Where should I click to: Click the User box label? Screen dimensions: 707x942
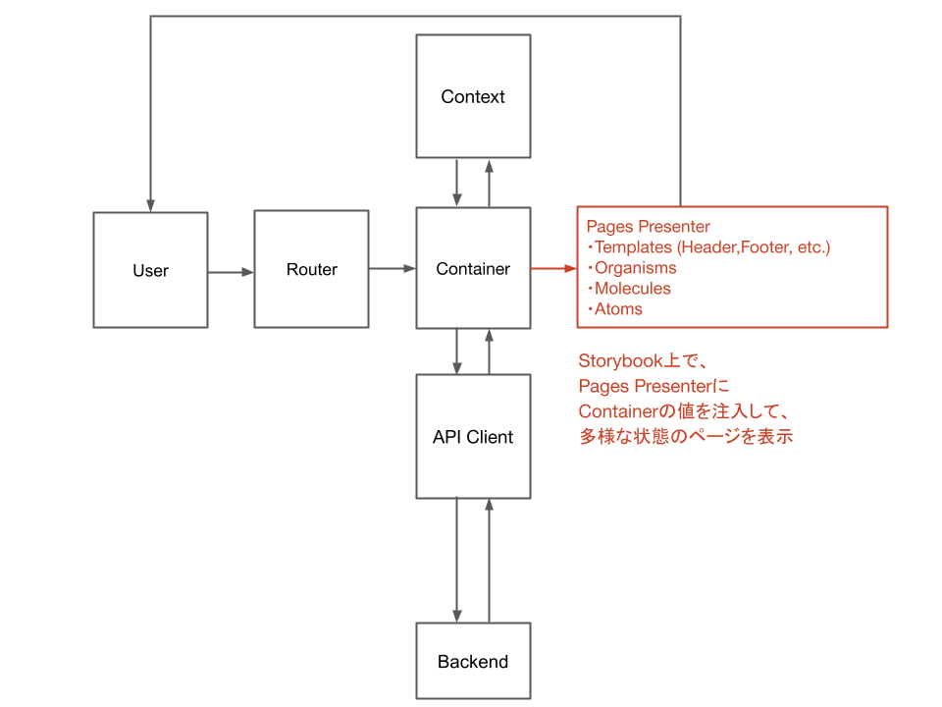pyautogui.click(x=150, y=271)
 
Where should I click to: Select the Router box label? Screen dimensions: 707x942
pyautogui.click(x=312, y=270)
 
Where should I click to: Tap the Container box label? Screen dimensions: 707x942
pyautogui.click(x=473, y=269)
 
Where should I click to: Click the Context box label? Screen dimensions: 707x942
pyautogui.click(x=473, y=97)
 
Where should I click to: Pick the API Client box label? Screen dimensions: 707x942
pyautogui.click(x=473, y=438)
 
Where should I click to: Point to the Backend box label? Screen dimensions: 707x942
pyautogui.click(x=473, y=662)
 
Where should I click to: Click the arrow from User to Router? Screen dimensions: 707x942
pyautogui.click(x=231, y=272)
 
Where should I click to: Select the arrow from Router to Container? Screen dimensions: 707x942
pyautogui.click(x=392, y=268)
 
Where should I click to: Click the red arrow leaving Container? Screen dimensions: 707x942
pyautogui.click(x=553, y=267)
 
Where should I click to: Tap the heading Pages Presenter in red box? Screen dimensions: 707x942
pyautogui.click(x=648, y=227)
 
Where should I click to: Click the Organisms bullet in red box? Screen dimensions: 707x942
pyautogui.click(x=634, y=268)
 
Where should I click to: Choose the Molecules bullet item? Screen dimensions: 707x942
pyautogui.click(x=632, y=289)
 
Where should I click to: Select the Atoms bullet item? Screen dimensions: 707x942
pyautogui.click(x=618, y=309)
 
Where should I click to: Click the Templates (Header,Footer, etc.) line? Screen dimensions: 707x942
pyautogui.click(x=710, y=247)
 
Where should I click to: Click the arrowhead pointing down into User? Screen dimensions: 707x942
pyautogui.click(x=150, y=204)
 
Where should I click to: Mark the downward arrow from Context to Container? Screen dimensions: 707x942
pyautogui.click(x=457, y=182)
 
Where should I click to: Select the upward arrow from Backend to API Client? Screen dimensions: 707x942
pyautogui.click(x=489, y=560)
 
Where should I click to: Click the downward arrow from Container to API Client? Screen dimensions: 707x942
pyautogui.click(x=457, y=351)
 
